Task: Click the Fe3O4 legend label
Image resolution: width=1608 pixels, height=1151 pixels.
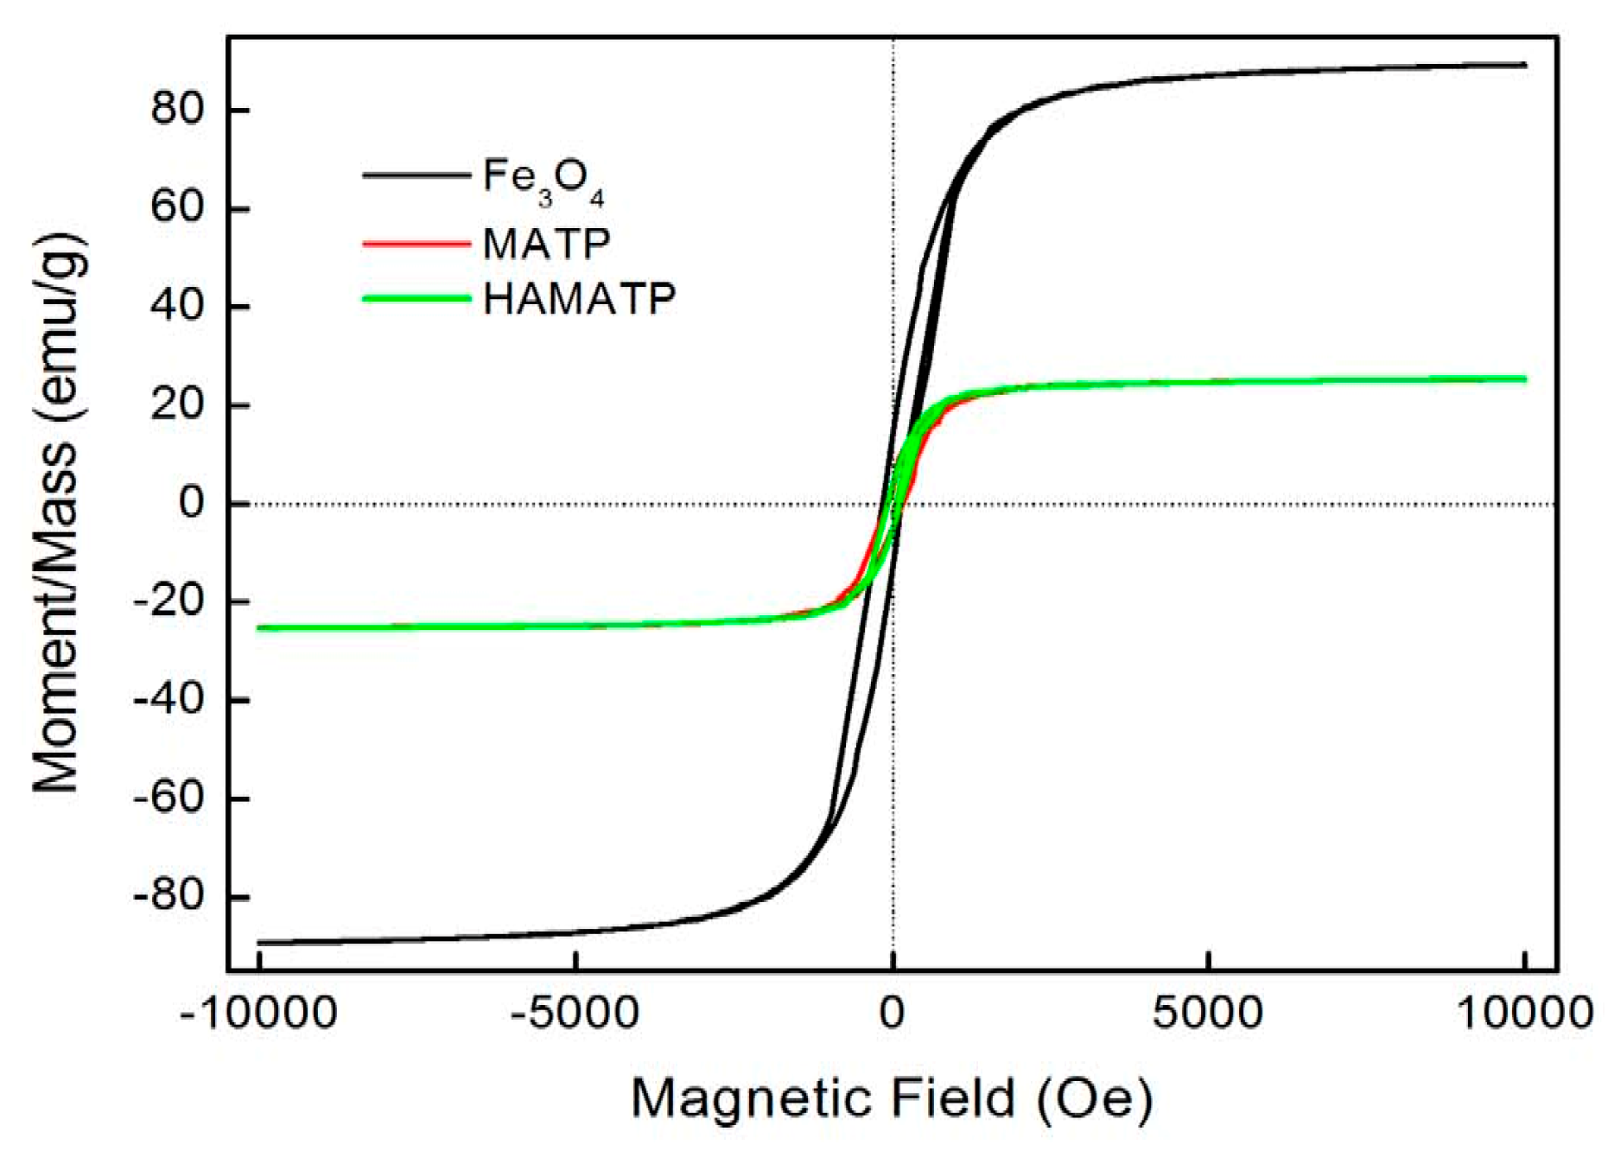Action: tap(543, 181)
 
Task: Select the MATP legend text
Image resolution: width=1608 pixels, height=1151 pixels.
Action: tap(546, 244)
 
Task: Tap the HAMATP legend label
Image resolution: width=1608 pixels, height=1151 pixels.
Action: tap(579, 299)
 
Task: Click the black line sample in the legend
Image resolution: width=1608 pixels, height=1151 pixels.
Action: tap(416, 175)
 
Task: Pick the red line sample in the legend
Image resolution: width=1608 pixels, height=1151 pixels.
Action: tap(416, 244)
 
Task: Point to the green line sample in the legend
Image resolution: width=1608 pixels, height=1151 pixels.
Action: tap(416, 299)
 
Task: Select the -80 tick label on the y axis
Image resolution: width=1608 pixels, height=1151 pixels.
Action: tap(168, 896)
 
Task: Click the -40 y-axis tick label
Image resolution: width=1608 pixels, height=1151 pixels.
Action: tap(168, 699)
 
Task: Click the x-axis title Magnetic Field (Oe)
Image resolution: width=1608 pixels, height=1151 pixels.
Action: tap(892, 1099)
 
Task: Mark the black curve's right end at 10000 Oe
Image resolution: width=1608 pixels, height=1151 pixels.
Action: tap(1525, 65)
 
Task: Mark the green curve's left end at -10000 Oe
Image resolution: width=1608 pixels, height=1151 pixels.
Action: tap(259, 628)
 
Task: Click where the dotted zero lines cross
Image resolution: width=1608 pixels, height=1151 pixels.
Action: tap(893, 504)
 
